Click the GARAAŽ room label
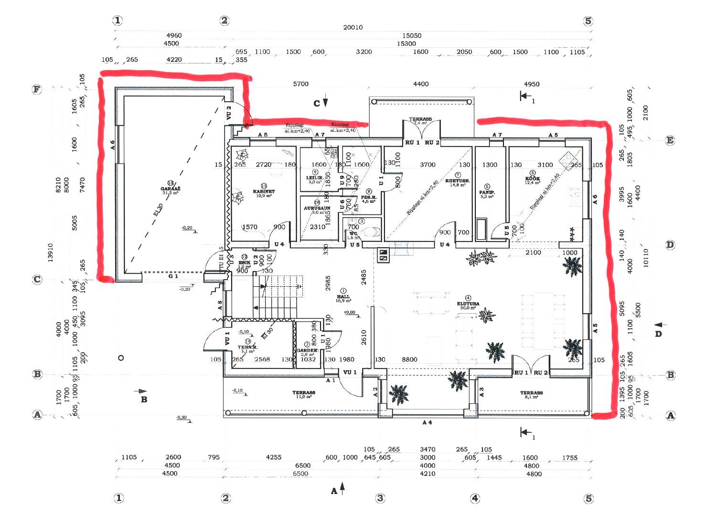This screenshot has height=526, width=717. click(171, 189)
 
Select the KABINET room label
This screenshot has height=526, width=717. click(264, 191)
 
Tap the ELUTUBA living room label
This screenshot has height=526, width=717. click(468, 304)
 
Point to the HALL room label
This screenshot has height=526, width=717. click(343, 296)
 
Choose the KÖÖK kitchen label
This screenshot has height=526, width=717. click(532, 179)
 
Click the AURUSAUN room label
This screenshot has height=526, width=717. click(317, 209)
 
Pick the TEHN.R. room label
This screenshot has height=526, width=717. click(248, 347)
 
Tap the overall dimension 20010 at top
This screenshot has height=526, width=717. click(353, 27)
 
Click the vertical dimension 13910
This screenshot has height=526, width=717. click(51, 252)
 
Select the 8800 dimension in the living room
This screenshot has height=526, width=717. click(409, 359)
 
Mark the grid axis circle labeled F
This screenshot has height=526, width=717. click(37, 90)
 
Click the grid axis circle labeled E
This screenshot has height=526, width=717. click(670, 140)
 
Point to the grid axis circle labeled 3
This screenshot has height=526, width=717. click(380, 498)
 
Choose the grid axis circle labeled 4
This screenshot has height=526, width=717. click(475, 498)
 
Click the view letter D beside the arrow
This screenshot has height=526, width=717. click(658, 334)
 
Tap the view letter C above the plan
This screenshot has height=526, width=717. click(316, 103)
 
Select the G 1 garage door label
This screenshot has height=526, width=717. click(173, 276)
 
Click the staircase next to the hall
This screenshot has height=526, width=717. click(277, 296)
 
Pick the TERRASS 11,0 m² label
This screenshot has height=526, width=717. click(304, 393)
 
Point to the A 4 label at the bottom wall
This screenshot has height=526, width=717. click(427, 422)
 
